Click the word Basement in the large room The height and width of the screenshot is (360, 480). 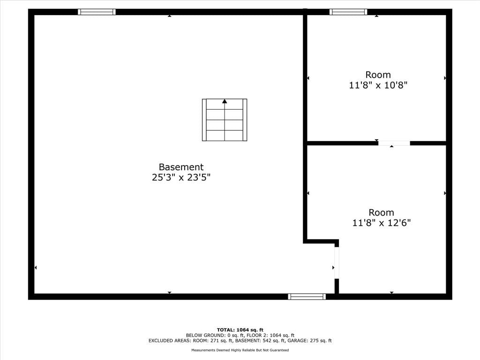click(181, 167)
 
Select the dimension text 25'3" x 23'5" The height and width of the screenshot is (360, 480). click(181, 177)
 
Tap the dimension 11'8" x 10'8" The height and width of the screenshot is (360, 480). click(378, 85)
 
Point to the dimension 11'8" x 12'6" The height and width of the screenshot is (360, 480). click(382, 223)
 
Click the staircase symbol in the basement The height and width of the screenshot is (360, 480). click(225, 120)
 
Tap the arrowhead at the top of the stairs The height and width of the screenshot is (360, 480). click(225, 101)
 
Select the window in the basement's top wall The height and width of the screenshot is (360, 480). click(97, 12)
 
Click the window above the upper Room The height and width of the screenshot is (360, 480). click(348, 12)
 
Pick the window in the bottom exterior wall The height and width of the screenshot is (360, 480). click(307, 296)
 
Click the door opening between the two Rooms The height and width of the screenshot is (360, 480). click(394, 143)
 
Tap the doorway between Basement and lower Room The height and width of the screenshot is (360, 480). click(337, 262)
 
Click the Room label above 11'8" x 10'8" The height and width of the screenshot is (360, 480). click(378, 75)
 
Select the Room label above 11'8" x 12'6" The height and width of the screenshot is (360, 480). click(381, 212)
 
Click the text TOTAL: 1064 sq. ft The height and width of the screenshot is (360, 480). click(240, 330)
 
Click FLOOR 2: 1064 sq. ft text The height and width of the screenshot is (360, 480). click(270, 335)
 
